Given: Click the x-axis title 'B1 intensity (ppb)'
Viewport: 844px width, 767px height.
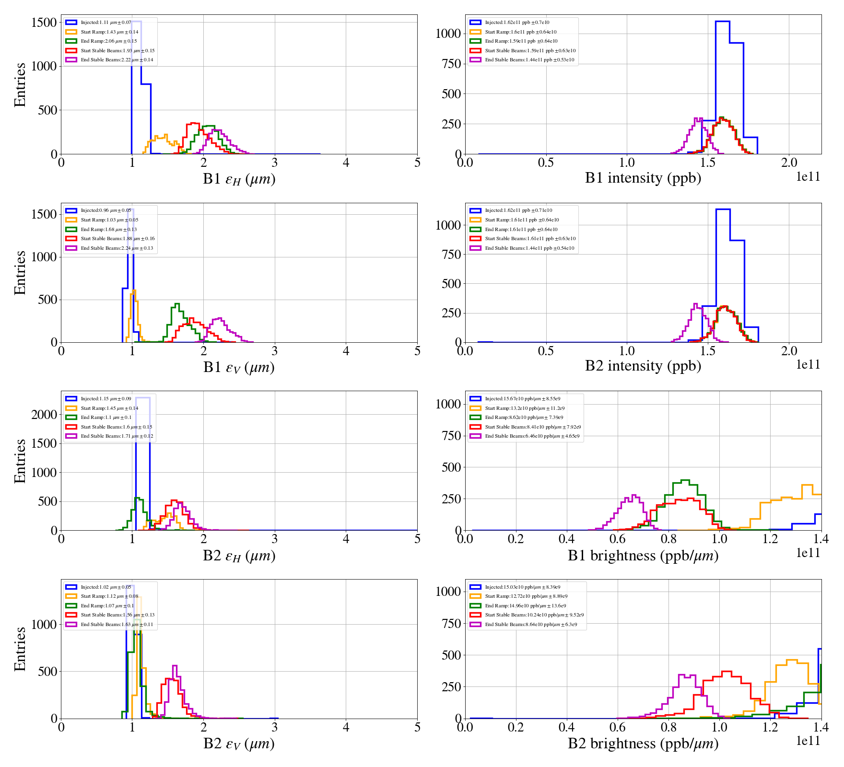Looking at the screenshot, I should pos(643,178).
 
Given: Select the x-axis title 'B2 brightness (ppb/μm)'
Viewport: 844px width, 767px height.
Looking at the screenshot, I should pos(643,744).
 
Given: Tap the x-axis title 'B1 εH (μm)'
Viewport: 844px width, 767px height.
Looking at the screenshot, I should pos(239,179).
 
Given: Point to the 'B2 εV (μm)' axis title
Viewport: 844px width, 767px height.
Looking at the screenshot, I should pos(239,744).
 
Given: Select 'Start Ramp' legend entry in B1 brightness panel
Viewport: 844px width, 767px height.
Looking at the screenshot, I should pos(525,408).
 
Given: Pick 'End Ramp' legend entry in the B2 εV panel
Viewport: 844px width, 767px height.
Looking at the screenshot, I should pos(107,606).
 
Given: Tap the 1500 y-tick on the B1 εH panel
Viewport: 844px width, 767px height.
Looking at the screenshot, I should pos(44,23).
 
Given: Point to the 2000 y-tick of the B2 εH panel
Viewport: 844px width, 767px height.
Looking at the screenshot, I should pos(44,415).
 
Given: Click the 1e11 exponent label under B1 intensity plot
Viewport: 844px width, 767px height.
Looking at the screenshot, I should pos(808,177).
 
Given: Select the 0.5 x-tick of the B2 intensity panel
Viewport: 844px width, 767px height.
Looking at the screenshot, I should pos(546,351).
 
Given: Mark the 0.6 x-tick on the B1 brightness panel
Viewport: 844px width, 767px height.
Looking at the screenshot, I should pos(618,539).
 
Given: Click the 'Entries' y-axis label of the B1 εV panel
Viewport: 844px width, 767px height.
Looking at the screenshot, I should pos(20,273).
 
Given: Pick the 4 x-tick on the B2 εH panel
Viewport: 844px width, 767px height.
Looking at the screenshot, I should pos(346,539).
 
